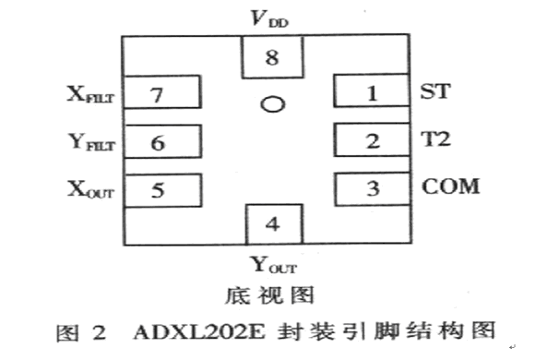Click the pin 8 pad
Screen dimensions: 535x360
[x=272, y=57]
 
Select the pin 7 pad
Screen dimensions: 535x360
[x=162, y=92]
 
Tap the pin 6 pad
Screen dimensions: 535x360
[x=162, y=141]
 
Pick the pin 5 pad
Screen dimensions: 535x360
[x=162, y=190]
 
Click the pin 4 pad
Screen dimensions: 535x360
[x=274, y=224]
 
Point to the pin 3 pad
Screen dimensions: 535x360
[x=373, y=189]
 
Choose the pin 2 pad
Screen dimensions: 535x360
[x=372, y=140]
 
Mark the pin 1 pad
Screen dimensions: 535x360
[x=372, y=90]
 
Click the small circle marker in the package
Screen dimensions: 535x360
[x=273, y=104]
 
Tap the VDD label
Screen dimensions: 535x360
[x=269, y=18]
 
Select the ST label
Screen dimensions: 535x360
[x=435, y=91]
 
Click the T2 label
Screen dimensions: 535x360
[x=435, y=139]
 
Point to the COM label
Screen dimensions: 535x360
[x=451, y=186]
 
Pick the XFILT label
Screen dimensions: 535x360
[x=90, y=94]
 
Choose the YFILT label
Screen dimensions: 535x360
[x=92, y=142]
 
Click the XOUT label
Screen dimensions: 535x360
[x=90, y=189]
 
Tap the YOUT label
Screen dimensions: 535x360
[x=274, y=265]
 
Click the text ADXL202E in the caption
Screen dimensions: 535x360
[x=199, y=332]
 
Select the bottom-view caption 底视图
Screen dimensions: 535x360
[x=269, y=295]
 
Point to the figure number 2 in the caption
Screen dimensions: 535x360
[x=100, y=332]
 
